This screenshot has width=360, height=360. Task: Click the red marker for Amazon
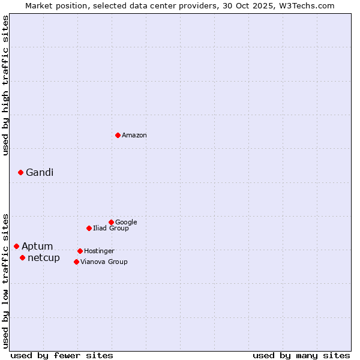(x=118, y=135)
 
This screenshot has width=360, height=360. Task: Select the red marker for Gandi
(x=20, y=172)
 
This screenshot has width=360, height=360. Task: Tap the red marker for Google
(x=111, y=222)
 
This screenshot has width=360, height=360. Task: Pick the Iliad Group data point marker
(x=89, y=228)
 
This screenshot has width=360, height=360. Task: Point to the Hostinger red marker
(x=80, y=251)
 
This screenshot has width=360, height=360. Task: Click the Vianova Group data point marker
(x=76, y=262)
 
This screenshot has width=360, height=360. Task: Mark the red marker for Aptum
(x=16, y=246)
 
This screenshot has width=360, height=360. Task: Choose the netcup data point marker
(x=22, y=257)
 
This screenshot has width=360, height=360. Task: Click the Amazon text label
(x=134, y=136)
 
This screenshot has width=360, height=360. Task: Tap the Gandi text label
(x=40, y=173)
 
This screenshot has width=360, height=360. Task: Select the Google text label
(x=126, y=222)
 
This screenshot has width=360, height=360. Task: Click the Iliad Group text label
(x=111, y=228)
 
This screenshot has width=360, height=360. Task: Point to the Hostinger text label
(x=99, y=251)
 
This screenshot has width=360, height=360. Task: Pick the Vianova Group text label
(x=104, y=262)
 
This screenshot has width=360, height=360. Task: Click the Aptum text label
(x=37, y=247)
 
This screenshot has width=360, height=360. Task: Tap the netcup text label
(x=44, y=258)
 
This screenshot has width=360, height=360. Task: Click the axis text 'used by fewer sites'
(x=62, y=356)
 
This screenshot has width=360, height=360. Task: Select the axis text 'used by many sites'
(x=301, y=356)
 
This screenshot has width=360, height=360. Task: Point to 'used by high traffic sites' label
(x=5, y=85)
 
